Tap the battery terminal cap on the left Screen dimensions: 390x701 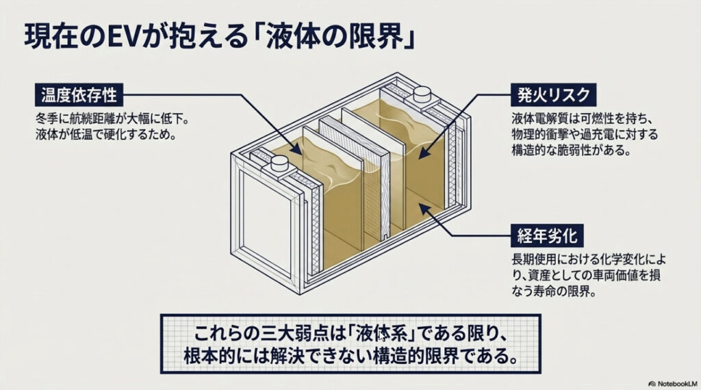pyautogui.click(x=279, y=163)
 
